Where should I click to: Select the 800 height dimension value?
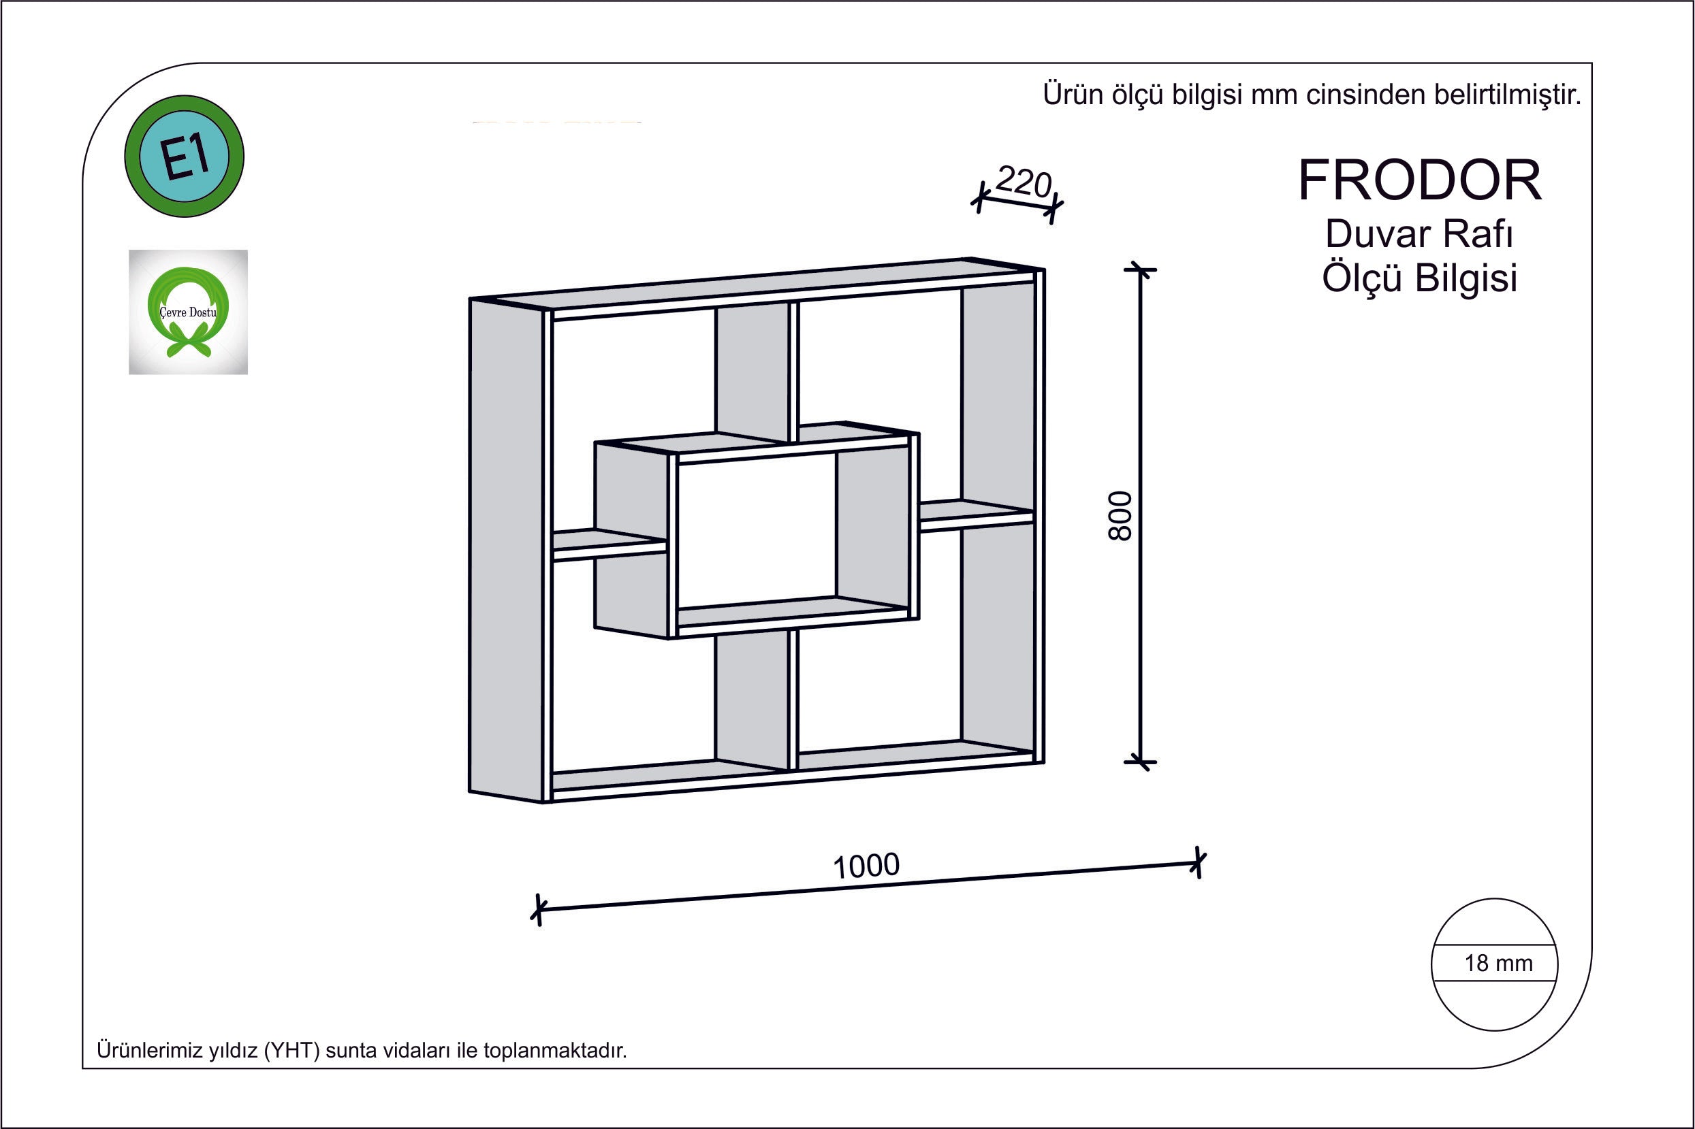tap(1120, 516)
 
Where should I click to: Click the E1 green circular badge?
tap(185, 157)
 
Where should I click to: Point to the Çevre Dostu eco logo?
tap(188, 312)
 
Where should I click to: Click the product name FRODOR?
tap(1420, 180)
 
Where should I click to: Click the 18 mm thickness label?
tap(1498, 964)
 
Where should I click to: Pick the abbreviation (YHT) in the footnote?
tap(291, 1051)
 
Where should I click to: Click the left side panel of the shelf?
tap(506, 550)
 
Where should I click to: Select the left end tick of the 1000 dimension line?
tap(537, 909)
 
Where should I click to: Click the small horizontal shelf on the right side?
tap(977, 514)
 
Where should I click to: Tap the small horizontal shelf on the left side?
tap(609, 545)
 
